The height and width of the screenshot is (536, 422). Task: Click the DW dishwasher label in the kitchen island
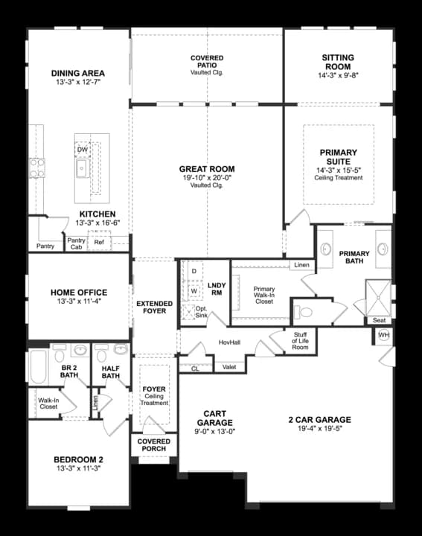(83, 150)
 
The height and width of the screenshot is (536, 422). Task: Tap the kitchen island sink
(83, 168)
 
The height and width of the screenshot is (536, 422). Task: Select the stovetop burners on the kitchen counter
(37, 167)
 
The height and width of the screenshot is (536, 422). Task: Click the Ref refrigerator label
(99, 242)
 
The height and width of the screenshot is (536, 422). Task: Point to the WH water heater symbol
(384, 335)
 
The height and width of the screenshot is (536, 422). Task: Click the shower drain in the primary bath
(378, 298)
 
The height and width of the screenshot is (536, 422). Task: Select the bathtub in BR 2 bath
(38, 366)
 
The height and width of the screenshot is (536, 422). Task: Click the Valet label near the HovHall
(229, 367)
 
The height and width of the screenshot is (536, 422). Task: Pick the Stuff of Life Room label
(300, 341)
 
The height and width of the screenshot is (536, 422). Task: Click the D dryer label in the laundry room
(194, 271)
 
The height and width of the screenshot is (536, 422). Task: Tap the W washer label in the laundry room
(194, 291)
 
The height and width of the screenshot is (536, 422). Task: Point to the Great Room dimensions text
(207, 178)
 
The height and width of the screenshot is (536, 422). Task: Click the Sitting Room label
(338, 63)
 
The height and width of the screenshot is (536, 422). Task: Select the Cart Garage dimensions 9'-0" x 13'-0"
(215, 431)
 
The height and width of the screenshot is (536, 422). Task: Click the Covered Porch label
(154, 445)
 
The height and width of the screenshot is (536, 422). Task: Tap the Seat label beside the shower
(380, 320)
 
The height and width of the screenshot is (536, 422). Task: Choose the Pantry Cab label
(76, 243)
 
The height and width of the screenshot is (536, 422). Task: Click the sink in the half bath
(120, 349)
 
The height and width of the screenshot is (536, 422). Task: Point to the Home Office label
(79, 293)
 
